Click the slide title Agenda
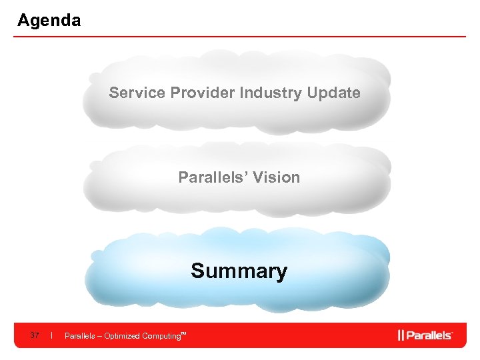tap(49, 21)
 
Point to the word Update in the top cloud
tap(333, 93)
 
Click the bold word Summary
tap(239, 271)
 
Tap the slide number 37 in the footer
tap(35, 335)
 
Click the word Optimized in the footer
tap(120, 336)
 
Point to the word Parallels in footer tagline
tap(79, 336)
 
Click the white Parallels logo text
tap(429, 335)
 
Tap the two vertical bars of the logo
tap(401, 335)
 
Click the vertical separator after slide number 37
tap(52, 335)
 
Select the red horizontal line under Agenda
tap(240, 37)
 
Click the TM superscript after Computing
tap(183, 333)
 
